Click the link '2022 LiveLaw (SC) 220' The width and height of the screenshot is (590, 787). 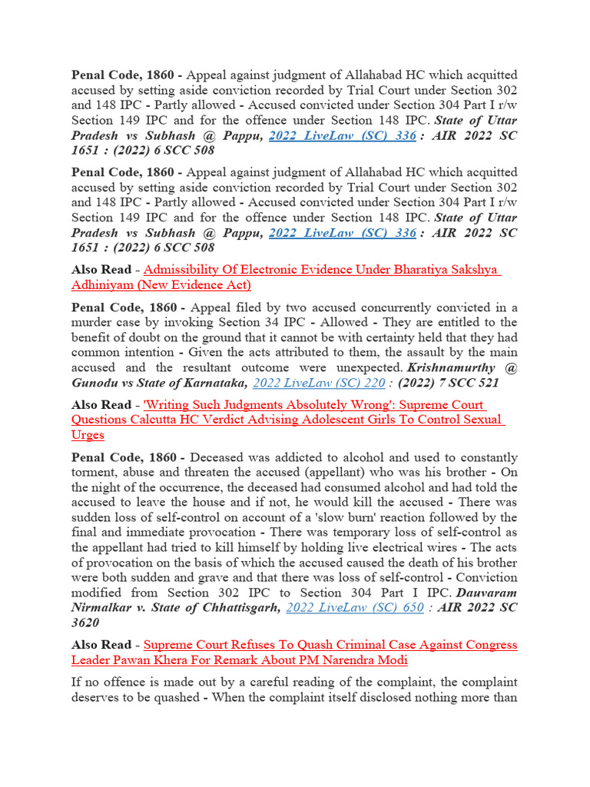click(x=319, y=382)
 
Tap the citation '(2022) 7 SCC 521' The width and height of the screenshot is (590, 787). click(x=448, y=382)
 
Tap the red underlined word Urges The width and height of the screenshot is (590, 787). click(x=88, y=434)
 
